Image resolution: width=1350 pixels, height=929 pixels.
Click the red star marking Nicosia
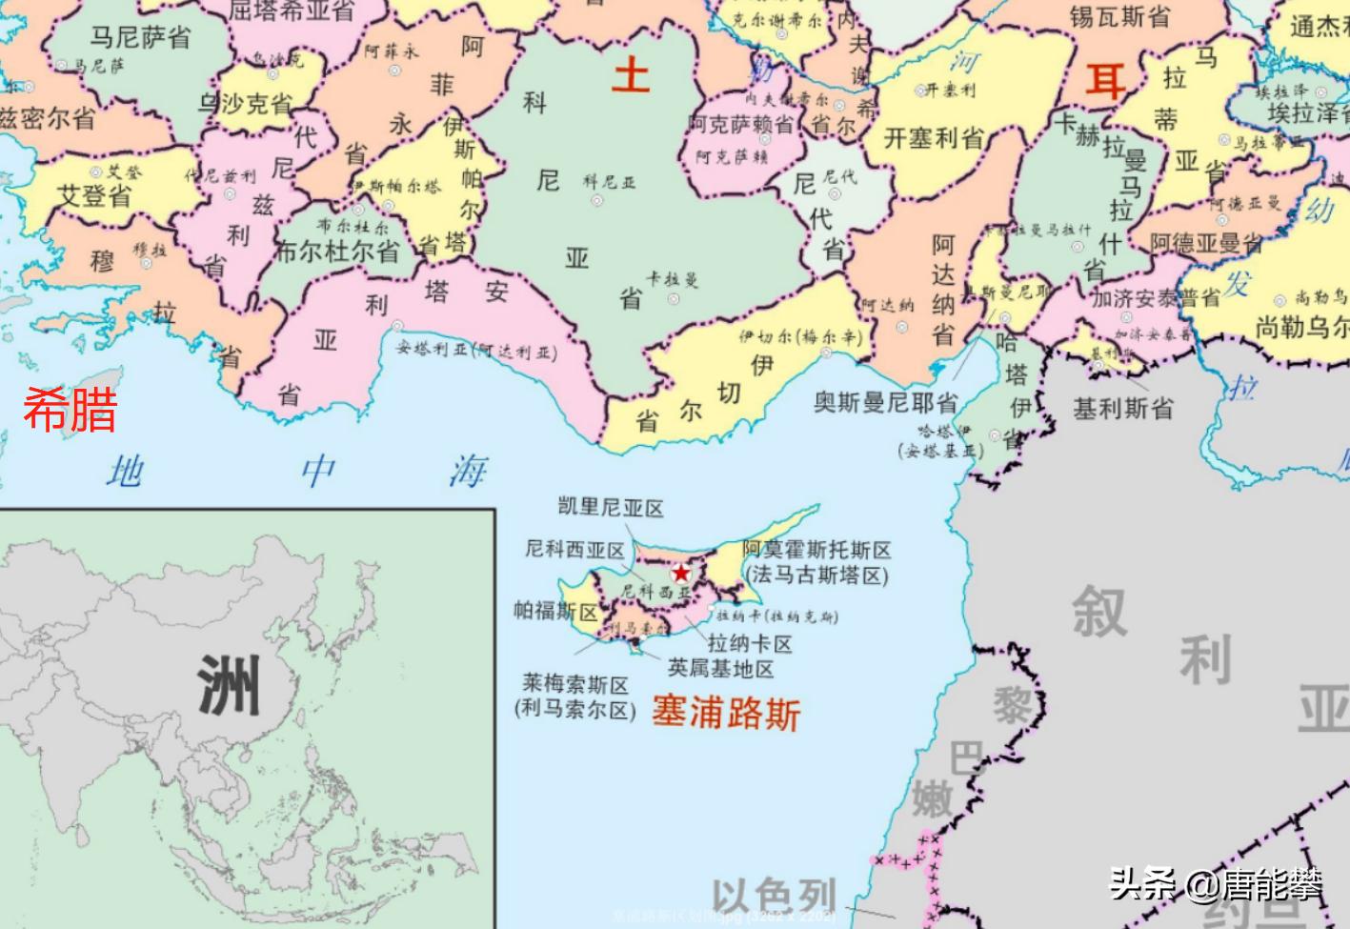[x=681, y=574]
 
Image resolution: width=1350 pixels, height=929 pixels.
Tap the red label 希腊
[x=71, y=410]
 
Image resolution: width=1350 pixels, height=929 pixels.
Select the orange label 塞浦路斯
[x=726, y=712]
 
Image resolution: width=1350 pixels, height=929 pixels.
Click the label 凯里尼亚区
[x=611, y=508]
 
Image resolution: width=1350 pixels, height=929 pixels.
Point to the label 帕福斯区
[x=555, y=610]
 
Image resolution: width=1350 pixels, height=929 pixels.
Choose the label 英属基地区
[x=721, y=669]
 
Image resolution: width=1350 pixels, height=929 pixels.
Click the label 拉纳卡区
[x=750, y=644]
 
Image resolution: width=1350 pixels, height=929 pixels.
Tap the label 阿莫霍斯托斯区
[x=816, y=550]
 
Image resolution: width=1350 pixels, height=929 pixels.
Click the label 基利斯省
[x=1123, y=409]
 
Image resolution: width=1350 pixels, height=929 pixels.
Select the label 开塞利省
[x=934, y=138]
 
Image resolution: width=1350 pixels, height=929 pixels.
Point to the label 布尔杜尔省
[x=336, y=252]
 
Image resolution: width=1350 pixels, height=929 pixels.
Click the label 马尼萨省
[x=141, y=37]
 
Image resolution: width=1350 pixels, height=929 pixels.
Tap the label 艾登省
[x=94, y=195]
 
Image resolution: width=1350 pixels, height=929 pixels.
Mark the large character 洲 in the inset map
[x=229, y=685]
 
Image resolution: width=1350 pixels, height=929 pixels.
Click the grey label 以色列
[x=774, y=897]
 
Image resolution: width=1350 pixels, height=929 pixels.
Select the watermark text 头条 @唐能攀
[x=1216, y=884]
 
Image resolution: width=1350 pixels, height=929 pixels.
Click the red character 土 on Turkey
[x=631, y=74]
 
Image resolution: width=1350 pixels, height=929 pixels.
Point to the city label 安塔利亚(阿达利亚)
[x=476, y=350]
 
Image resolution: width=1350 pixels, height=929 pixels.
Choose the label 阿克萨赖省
[x=741, y=124]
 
